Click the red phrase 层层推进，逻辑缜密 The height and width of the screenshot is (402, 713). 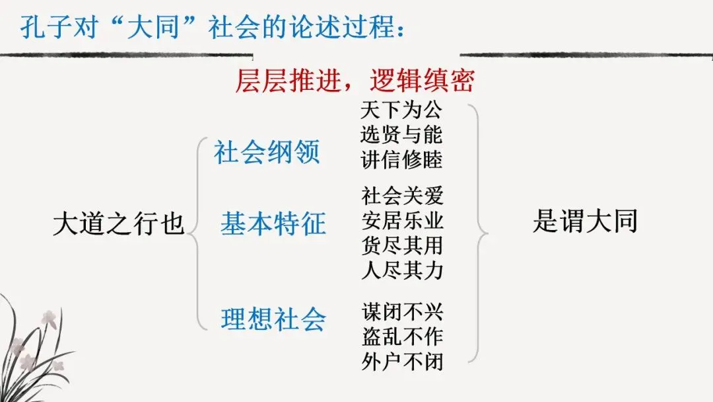(x=355, y=82)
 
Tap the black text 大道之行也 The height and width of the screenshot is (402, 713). (x=118, y=224)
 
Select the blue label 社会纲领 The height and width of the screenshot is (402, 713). (x=267, y=152)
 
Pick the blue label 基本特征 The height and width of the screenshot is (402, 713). (x=273, y=224)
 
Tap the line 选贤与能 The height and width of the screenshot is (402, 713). (x=401, y=135)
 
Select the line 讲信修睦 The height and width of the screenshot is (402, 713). (x=401, y=159)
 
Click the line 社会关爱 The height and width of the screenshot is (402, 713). (x=402, y=196)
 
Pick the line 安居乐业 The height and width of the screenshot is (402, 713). (x=402, y=220)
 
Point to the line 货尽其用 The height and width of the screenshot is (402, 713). (x=402, y=245)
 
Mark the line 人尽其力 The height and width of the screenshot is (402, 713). (x=402, y=270)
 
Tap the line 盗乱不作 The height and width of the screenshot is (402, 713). (x=402, y=337)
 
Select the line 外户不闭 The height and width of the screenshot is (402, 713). (x=402, y=362)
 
